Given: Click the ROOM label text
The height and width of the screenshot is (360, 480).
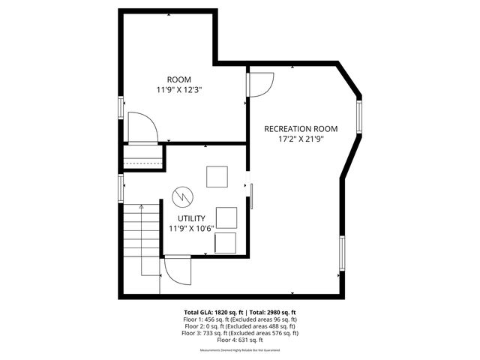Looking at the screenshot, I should pos(179,79).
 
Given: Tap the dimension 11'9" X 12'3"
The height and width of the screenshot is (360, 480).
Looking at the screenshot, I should pos(179,89).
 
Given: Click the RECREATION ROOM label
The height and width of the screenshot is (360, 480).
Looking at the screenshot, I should pos(300,129).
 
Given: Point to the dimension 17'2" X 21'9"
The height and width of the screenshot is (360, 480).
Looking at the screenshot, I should pos(300,139).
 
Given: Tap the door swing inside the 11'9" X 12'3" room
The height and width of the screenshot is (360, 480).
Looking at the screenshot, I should pos(142,127).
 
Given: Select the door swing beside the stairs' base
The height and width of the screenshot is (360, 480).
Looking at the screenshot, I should pos(177,268).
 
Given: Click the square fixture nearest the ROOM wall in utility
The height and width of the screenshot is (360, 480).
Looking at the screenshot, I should pos(217,177).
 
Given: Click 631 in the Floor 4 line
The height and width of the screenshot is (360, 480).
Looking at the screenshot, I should pos(241,340).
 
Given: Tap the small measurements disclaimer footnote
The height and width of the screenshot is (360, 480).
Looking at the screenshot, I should pos(240,350).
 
